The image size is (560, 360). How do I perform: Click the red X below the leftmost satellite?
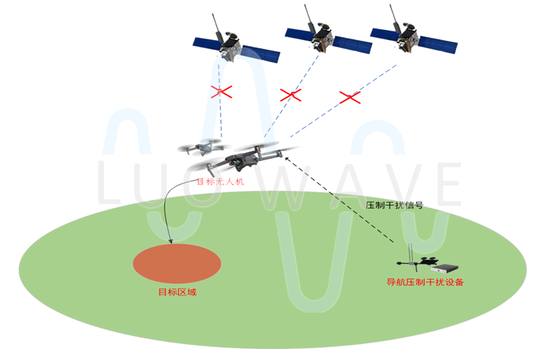pyautogui.click(x=221, y=92)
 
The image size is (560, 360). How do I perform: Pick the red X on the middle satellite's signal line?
pyautogui.click(x=290, y=95)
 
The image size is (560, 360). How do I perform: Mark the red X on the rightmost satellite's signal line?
pyautogui.click(x=351, y=97)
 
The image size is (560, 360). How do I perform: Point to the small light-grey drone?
pyautogui.click(x=200, y=148)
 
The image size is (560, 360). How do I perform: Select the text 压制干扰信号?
pyautogui.click(x=394, y=206)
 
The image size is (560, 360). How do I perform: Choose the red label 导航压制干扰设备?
pyautogui.click(x=425, y=282)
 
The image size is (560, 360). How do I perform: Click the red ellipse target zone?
pyautogui.click(x=177, y=262)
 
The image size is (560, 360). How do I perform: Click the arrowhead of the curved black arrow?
pyautogui.click(x=170, y=240)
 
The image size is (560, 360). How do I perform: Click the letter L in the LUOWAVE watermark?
pyautogui.click(x=110, y=183)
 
